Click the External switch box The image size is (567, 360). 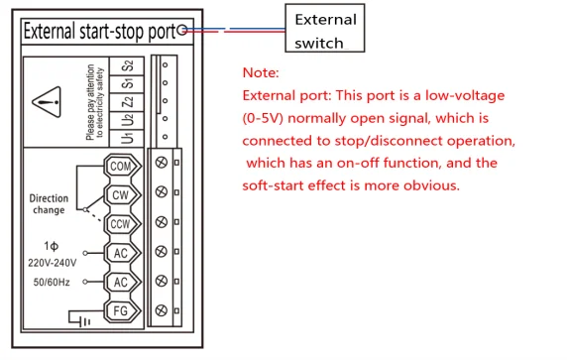[325, 28]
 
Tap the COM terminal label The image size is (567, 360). [121, 167]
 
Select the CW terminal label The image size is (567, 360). [121, 195]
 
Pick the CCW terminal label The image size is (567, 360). [121, 224]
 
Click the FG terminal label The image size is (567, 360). [121, 310]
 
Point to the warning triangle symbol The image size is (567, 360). [47, 102]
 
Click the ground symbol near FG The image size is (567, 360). [79, 318]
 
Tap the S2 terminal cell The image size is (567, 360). [127, 66]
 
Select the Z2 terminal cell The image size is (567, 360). [127, 102]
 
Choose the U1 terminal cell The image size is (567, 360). [127, 138]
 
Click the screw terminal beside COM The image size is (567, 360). [162, 163]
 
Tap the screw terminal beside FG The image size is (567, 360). [162, 310]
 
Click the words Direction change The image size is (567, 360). [49, 204]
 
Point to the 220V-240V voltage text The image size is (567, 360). [53, 263]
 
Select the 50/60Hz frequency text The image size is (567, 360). [52, 283]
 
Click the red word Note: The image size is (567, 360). [261, 72]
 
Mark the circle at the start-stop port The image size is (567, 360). [182, 30]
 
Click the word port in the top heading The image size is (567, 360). [162, 33]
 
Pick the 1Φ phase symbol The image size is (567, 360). [51, 246]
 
